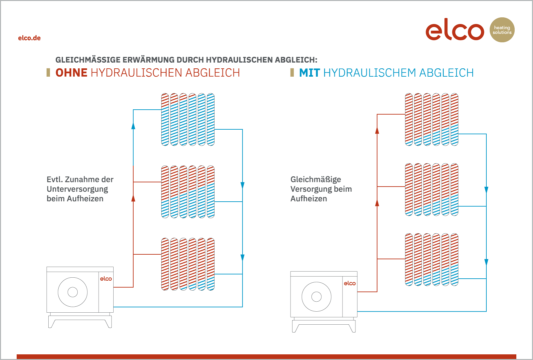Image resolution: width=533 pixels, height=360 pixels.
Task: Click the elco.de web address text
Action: [29, 38]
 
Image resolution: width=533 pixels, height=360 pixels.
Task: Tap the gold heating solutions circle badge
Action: [502, 30]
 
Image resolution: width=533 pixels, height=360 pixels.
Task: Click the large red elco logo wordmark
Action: [455, 30]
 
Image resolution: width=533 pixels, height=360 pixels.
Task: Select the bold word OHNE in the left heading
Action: [71, 73]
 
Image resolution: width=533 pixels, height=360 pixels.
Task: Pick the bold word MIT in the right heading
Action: [309, 73]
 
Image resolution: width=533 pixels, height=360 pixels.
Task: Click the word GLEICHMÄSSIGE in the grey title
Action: [88, 60]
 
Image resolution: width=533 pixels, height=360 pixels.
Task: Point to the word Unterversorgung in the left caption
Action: [77, 189]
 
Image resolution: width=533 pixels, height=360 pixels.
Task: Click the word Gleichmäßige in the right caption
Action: [316, 180]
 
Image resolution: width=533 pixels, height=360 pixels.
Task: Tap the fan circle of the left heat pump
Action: [73, 292]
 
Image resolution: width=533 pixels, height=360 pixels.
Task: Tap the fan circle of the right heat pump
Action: [316, 297]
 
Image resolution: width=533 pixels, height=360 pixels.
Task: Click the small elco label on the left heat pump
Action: [106, 279]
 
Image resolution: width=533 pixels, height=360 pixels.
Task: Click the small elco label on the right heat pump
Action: [350, 283]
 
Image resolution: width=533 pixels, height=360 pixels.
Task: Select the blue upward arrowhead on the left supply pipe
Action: [133, 126]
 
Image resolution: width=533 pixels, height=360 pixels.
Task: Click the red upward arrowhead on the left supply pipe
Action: [133, 198]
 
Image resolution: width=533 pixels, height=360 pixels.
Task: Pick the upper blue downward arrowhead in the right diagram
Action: [486, 190]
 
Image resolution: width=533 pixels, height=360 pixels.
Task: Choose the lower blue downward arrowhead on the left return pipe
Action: [243, 258]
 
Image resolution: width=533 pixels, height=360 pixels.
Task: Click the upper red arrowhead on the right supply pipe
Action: [377, 130]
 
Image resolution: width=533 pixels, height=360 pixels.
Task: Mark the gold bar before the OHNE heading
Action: [48, 73]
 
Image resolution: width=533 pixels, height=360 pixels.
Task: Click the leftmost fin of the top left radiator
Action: [165, 120]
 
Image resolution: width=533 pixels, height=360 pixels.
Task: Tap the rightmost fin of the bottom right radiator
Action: [454, 260]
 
